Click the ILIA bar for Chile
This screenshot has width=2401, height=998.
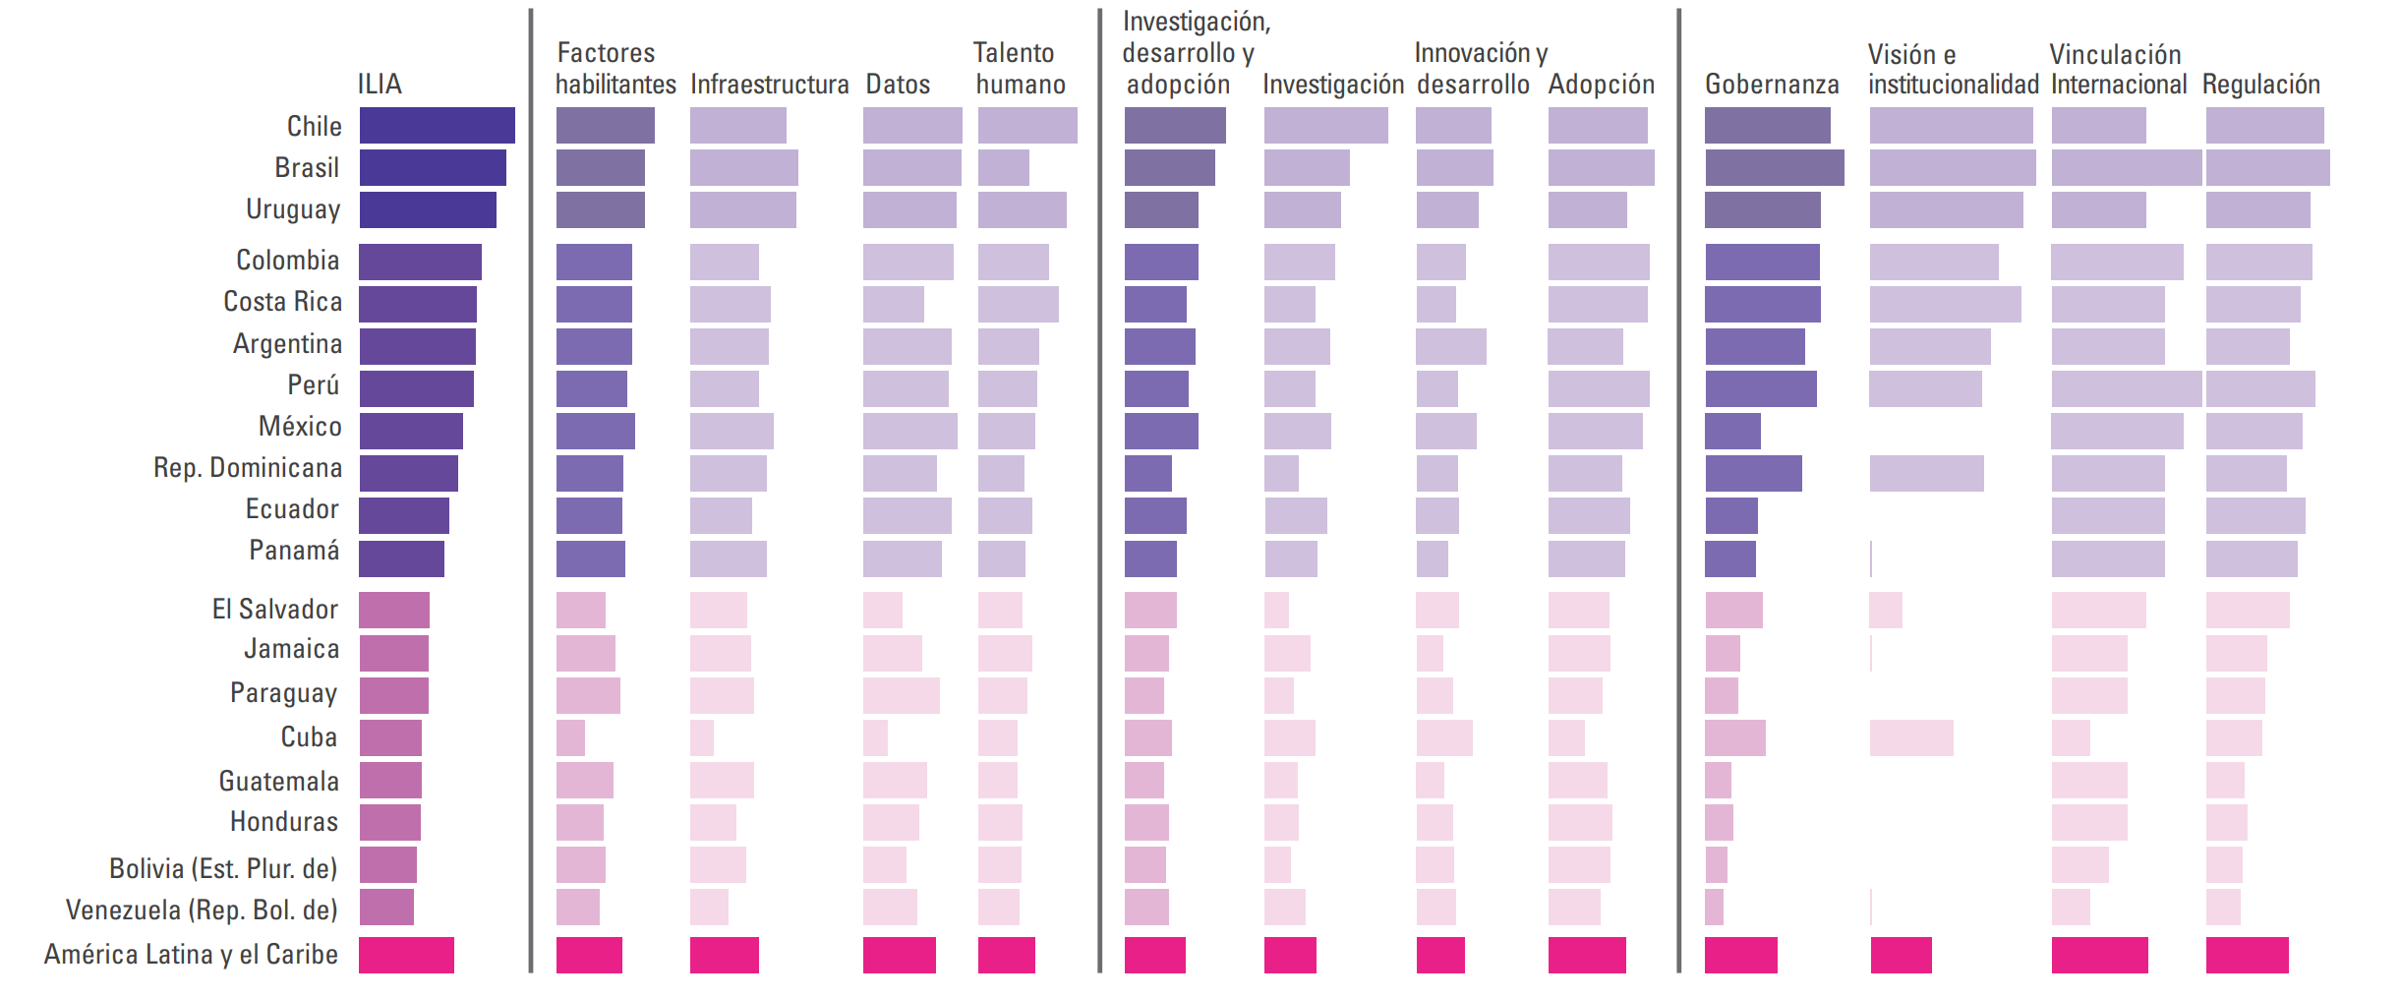[437, 126]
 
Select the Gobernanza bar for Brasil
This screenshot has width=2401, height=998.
[1774, 168]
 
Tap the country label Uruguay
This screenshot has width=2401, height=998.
[293, 209]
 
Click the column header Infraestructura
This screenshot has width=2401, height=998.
[769, 85]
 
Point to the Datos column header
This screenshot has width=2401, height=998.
[897, 85]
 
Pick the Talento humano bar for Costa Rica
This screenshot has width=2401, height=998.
[1018, 305]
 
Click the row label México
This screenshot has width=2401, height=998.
[300, 427]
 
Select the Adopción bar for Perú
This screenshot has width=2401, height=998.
[1598, 389]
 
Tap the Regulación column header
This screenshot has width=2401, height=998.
[2260, 85]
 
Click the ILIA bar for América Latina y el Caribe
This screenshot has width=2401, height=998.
[406, 955]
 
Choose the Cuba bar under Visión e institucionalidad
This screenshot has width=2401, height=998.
[1911, 737]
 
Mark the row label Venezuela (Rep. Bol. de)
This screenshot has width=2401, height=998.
[202, 910]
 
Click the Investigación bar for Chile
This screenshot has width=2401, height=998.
[1325, 126]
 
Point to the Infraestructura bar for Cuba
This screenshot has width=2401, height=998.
[701, 737]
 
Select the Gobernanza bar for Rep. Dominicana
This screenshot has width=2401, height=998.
[1753, 473]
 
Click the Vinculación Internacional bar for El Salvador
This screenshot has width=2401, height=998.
[2098, 610]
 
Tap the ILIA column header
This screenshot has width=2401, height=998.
[380, 85]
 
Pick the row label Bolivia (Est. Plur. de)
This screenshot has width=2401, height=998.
[223, 869]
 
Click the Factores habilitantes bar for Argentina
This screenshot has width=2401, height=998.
[594, 347]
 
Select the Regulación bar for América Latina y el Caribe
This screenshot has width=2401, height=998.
[2247, 955]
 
